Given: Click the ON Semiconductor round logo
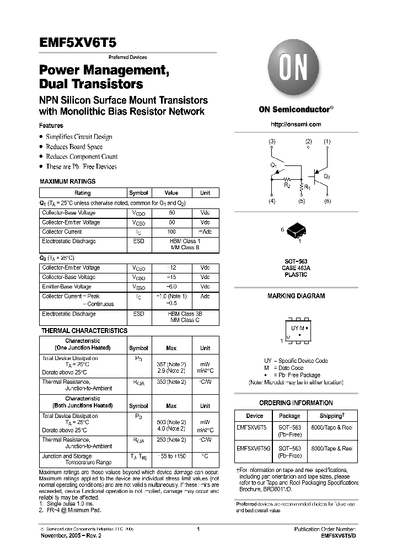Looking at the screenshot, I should click(296, 70).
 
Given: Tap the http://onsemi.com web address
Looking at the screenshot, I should click(296, 125).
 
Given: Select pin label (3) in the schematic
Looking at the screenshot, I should click(272, 142).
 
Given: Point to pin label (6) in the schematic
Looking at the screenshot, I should click(328, 201).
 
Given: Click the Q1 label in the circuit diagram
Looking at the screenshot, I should click(274, 165).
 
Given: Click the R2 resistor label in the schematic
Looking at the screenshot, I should click(287, 185).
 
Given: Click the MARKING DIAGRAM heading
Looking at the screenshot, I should click(296, 296).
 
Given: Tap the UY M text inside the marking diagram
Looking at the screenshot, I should click(298, 328).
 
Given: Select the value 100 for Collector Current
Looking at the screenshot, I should click(171, 232).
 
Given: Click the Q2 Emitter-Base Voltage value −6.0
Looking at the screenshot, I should click(171, 287).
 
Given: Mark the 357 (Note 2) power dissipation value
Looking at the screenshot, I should click(171, 364).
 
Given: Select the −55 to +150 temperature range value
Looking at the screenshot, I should click(171, 457).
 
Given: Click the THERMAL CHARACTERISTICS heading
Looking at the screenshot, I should click(84, 331).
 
